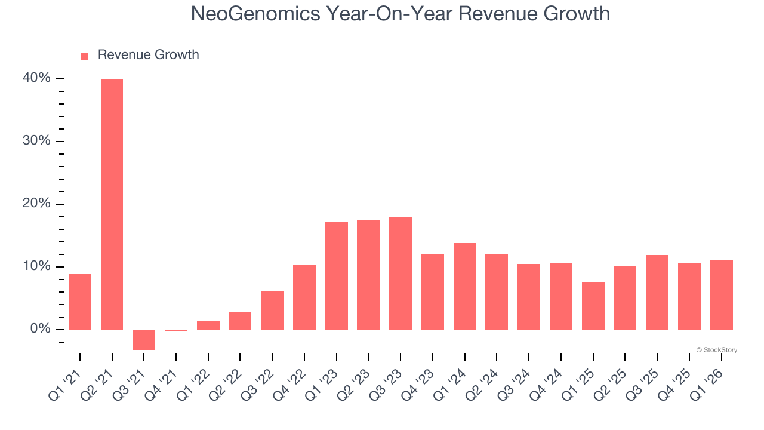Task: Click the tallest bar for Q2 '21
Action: click(x=112, y=204)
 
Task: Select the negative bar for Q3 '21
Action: click(x=144, y=339)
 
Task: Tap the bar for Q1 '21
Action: click(x=80, y=302)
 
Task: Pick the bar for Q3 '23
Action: click(x=401, y=273)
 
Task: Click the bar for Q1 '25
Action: click(x=593, y=306)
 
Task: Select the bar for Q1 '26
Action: click(x=721, y=295)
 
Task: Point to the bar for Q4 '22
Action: click(x=304, y=297)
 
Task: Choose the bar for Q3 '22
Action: click(x=272, y=311)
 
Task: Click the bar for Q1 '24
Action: click(x=464, y=286)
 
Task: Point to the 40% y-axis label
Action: click(x=37, y=78)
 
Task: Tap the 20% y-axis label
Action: click(x=37, y=204)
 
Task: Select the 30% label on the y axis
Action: click(x=37, y=141)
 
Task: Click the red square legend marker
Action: click(x=84, y=56)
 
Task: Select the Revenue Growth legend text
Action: click(x=148, y=55)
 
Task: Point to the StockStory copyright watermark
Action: click(x=716, y=350)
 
